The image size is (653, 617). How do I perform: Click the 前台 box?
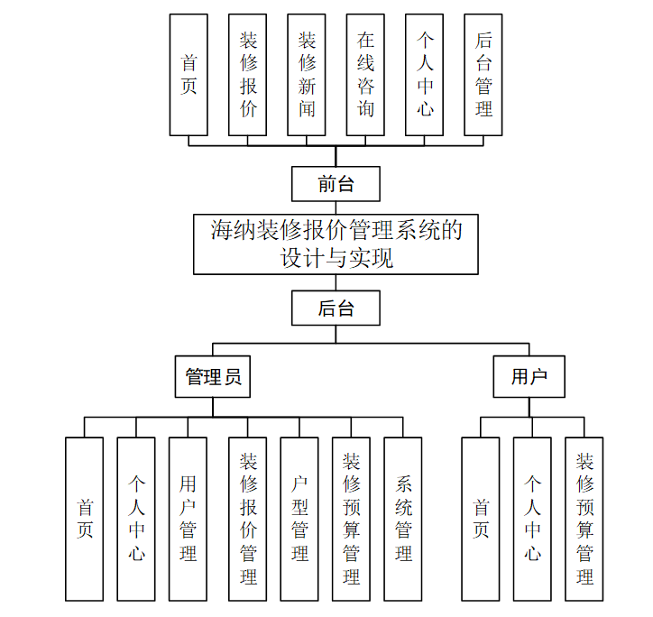(336, 184)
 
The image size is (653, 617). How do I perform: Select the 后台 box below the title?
(336, 308)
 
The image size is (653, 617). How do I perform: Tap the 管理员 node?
(213, 377)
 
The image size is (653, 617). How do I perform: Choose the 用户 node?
(529, 377)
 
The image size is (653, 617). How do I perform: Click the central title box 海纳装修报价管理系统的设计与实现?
(336, 244)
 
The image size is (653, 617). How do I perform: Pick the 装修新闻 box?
(307, 75)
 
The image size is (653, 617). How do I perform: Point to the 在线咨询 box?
(365, 75)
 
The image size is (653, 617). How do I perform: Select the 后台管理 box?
(483, 75)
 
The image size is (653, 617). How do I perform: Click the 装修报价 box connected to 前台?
(248, 75)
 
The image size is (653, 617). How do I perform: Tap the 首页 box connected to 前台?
(189, 75)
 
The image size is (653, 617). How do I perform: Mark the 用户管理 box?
(188, 519)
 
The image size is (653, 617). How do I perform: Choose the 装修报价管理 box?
(248, 519)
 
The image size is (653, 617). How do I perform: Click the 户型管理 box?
(299, 519)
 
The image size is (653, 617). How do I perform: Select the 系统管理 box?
(403, 519)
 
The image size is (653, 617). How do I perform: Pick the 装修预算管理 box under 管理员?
(352, 519)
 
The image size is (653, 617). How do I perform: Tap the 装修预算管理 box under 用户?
(584, 519)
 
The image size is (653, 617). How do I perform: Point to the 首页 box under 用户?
(481, 519)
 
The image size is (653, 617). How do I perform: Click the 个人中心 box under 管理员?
(136, 519)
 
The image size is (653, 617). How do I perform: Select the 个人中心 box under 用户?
(532, 519)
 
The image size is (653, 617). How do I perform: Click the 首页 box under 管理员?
(85, 519)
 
